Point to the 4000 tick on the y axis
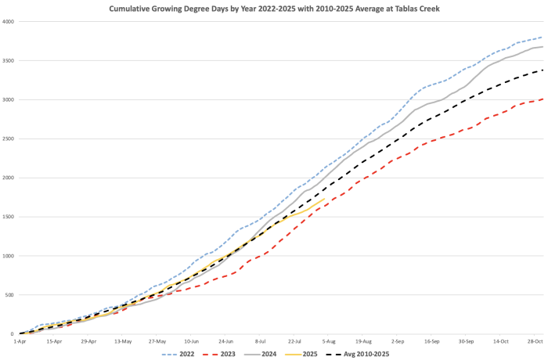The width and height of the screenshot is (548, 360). pos(9,21)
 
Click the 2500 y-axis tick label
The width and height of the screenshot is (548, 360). pos(9,139)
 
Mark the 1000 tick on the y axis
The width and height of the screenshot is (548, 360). pos(9,256)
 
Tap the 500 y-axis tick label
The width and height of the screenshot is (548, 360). pos(10,295)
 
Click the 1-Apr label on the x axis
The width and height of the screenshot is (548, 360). pos(20,341)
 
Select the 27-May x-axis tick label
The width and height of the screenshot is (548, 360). pos(157,341)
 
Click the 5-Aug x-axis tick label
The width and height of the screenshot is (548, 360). pos(329,341)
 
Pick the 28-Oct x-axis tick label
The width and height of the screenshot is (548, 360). pos(535,341)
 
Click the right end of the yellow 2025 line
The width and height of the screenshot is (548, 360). pos(325,199)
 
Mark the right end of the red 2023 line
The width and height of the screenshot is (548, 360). pos(543,99)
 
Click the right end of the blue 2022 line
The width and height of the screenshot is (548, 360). pos(543,37)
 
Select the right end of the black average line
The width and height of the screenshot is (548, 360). pos(543,70)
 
